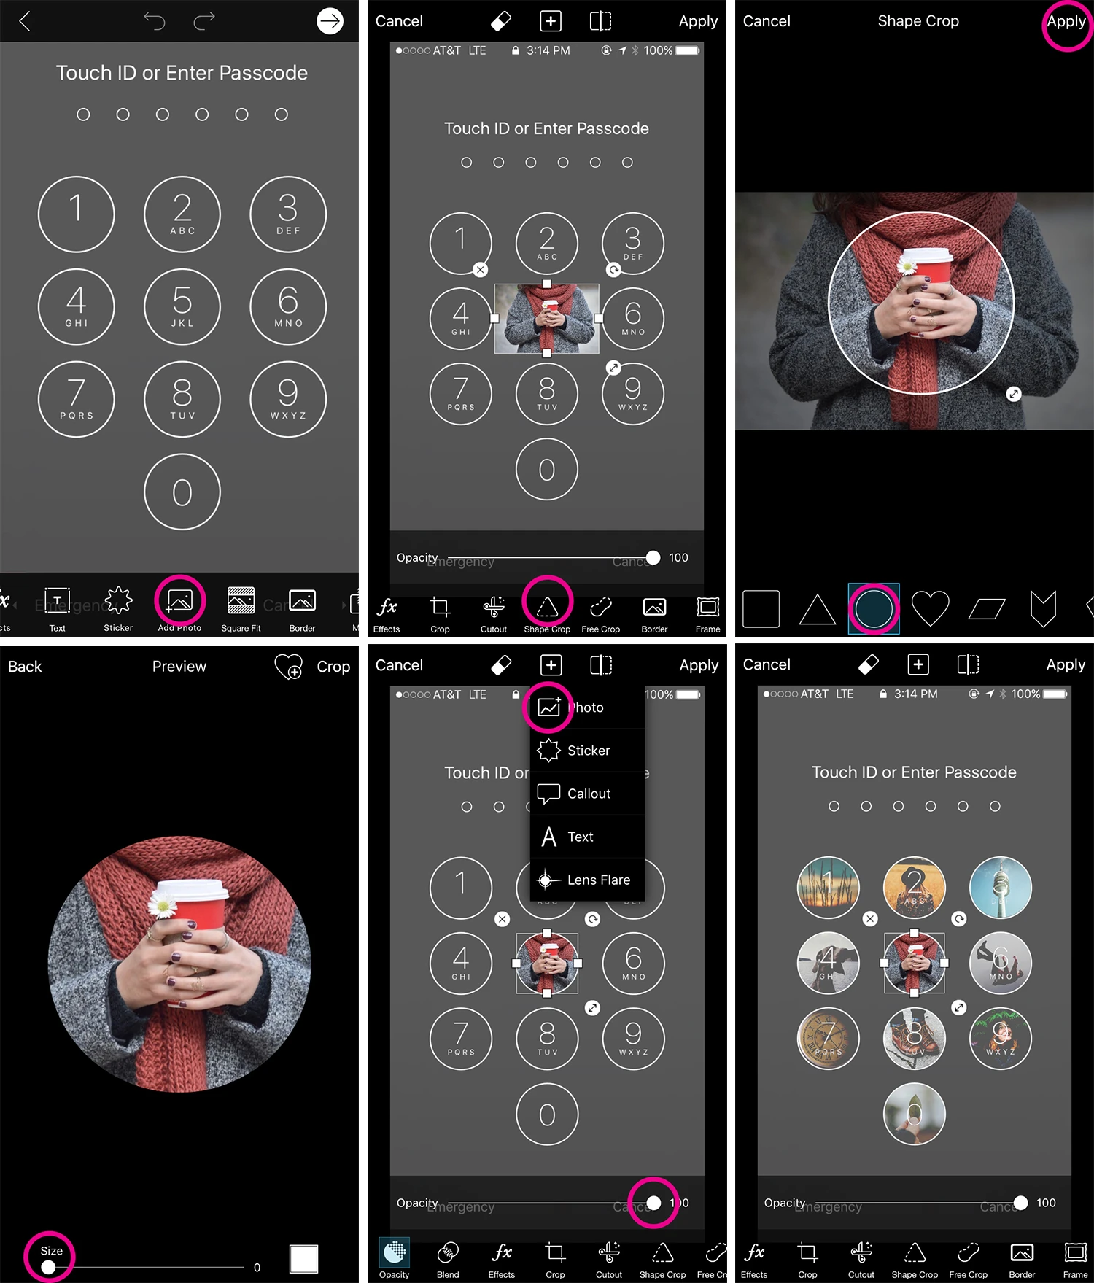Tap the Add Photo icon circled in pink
(179, 602)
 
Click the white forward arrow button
(330, 21)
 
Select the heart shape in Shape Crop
(930, 608)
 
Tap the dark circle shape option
(873, 608)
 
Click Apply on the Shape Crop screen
(1066, 22)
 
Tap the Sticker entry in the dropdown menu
(587, 751)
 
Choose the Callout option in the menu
(587, 794)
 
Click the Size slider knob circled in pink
(48, 1267)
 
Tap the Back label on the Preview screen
(25, 667)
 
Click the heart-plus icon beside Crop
(288, 666)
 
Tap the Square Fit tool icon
(241, 602)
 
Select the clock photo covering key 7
(828, 1039)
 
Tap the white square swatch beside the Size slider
(303, 1258)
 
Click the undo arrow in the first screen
(155, 21)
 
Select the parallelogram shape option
(987, 608)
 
